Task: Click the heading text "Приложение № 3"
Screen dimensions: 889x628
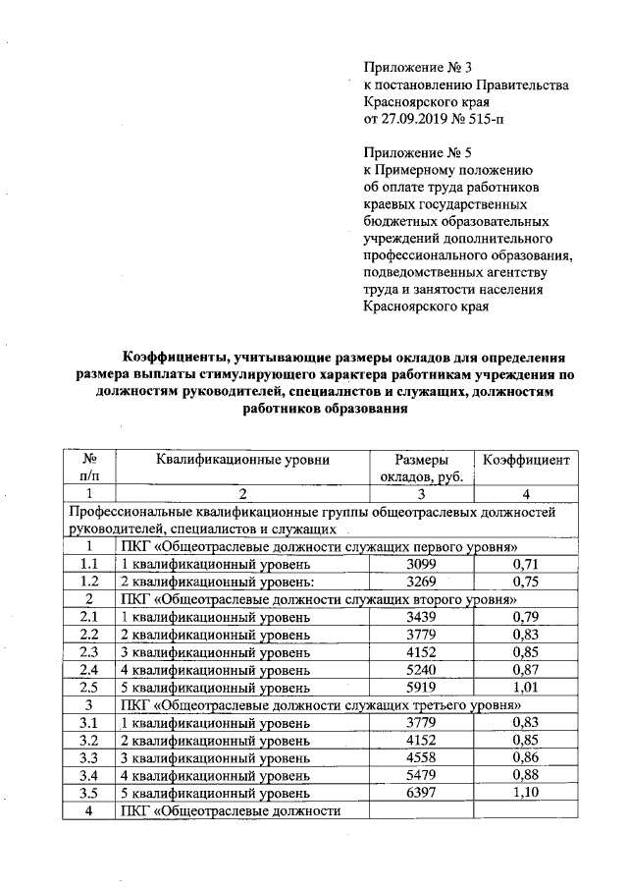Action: click(418, 68)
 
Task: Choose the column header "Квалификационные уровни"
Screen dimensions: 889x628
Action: click(241, 459)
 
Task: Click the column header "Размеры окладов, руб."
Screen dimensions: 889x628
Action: click(421, 468)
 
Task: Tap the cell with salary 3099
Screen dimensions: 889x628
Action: click(422, 564)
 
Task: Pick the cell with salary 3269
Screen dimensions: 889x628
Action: click(422, 581)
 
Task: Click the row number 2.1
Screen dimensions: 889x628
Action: click(89, 616)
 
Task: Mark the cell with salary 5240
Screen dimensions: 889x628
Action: click(422, 669)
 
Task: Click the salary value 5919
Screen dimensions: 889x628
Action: click(422, 687)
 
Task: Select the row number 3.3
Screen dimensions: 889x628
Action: click(89, 757)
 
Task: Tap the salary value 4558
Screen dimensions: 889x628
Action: click(422, 757)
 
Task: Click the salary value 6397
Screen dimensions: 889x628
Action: click(422, 793)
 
